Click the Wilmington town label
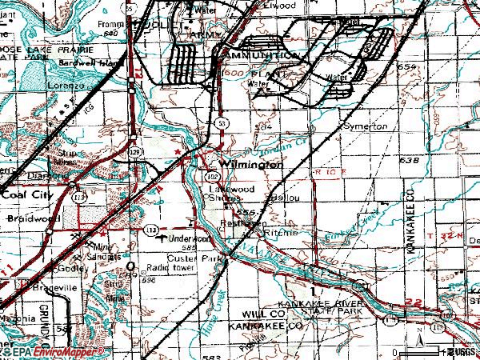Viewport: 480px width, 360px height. (x=252, y=164)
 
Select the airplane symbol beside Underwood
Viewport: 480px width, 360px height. (x=165, y=238)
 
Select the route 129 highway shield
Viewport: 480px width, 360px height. (x=136, y=150)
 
